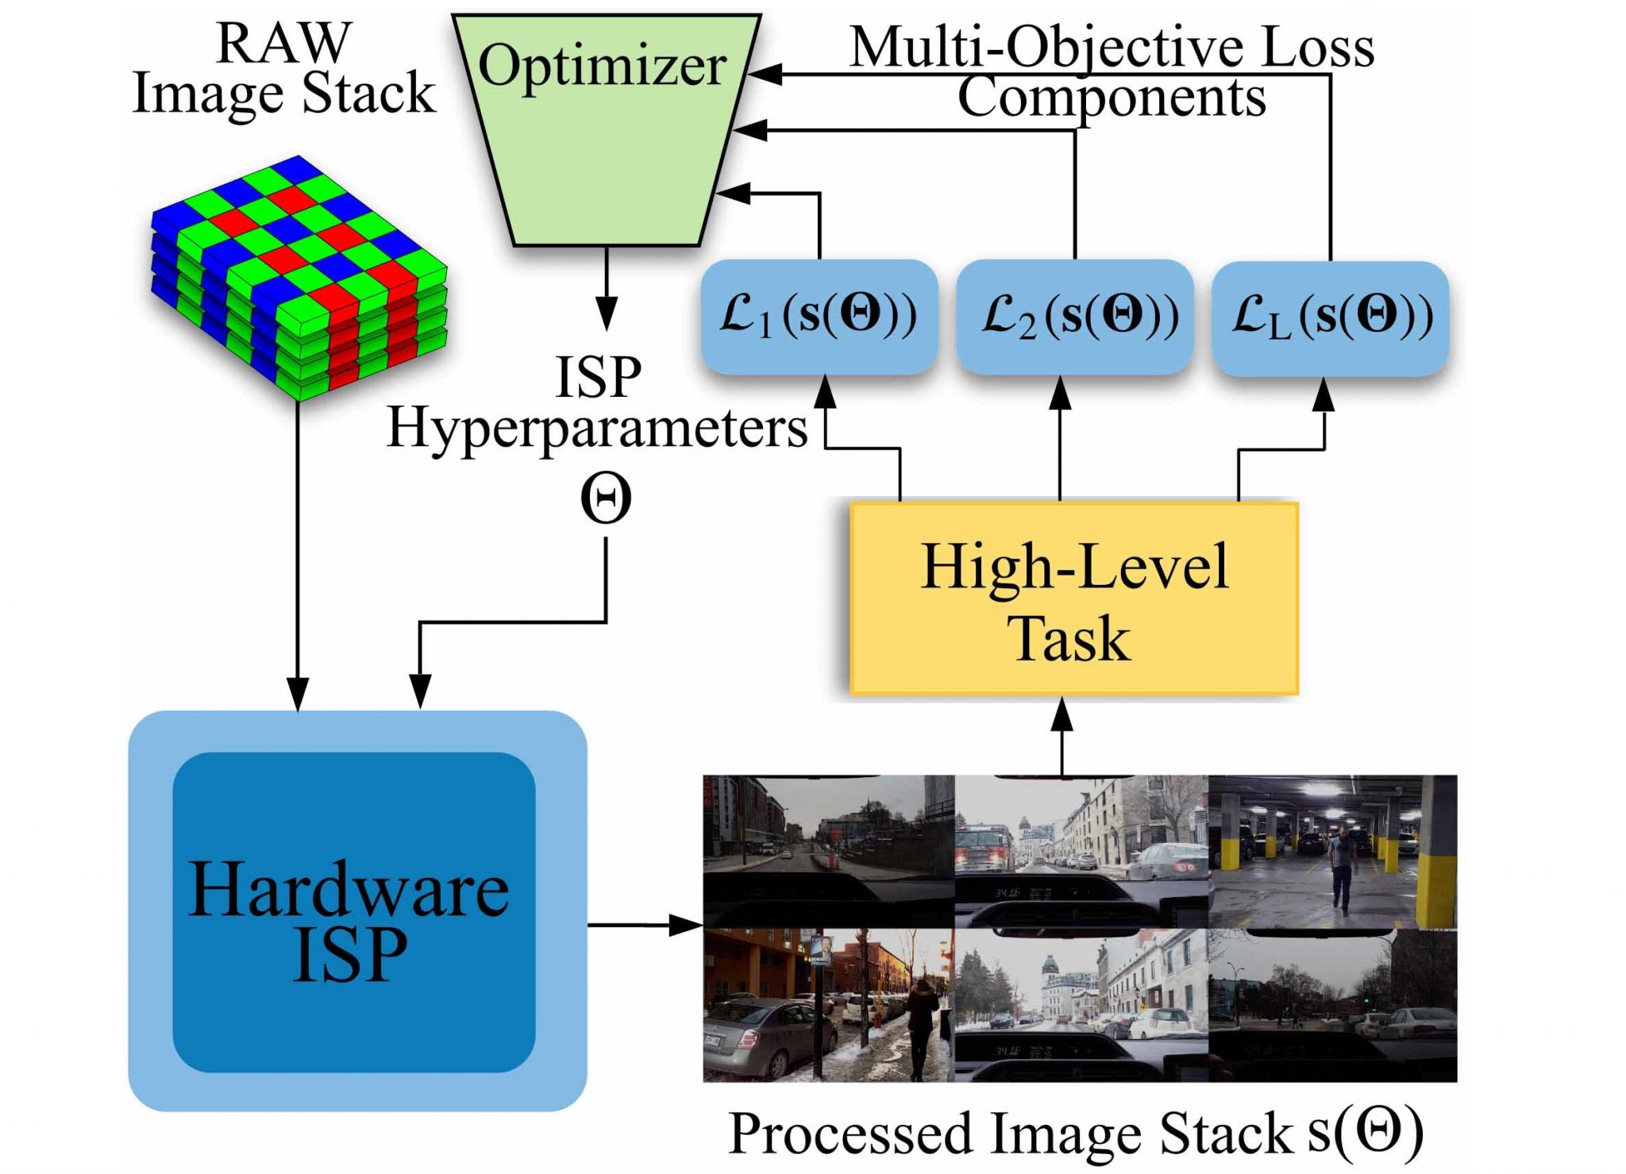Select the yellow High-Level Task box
1073,599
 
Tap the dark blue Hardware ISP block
354,912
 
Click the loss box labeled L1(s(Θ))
819,316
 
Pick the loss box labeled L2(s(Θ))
1074,316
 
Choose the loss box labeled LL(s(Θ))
1330,317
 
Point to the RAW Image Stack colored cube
299,278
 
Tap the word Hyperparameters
597,431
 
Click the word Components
1112,98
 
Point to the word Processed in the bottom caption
850,1133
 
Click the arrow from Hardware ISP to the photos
645,925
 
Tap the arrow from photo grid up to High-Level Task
1062,736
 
